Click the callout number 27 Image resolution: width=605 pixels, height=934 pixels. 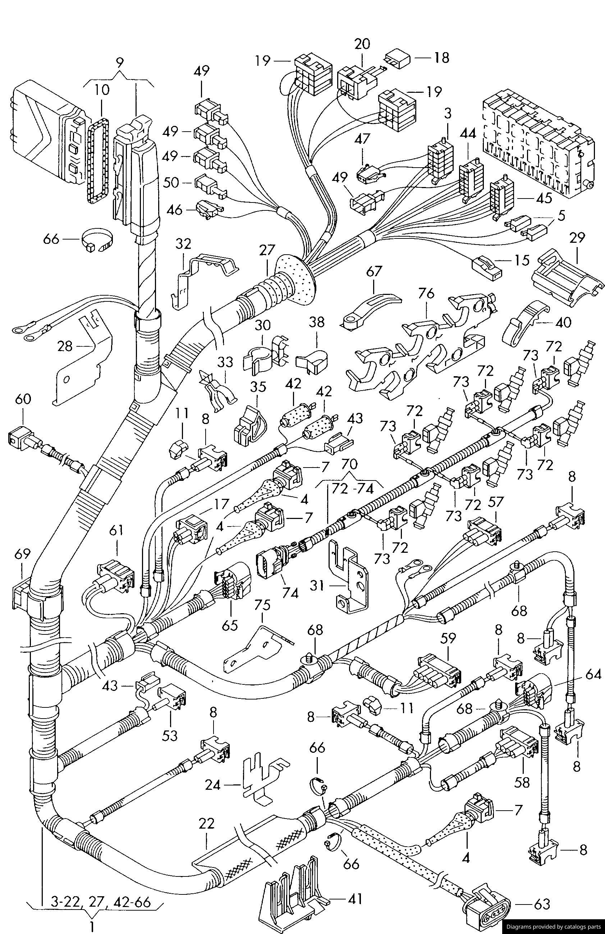coord(267,250)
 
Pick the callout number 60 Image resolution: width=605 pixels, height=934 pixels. coord(23,400)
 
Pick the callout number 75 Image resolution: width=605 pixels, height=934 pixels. coord(262,606)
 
